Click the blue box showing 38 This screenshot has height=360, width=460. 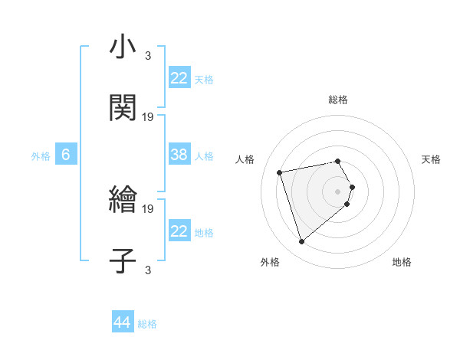pyautogui.click(x=179, y=155)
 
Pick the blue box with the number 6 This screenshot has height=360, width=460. pyautogui.click(x=66, y=155)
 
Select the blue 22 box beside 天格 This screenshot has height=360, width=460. pyautogui.click(x=179, y=78)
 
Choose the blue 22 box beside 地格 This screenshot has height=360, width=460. pyautogui.click(x=179, y=231)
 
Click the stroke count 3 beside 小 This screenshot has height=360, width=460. pyautogui.click(x=148, y=55)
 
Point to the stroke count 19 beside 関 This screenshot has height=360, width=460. pyautogui.click(x=148, y=116)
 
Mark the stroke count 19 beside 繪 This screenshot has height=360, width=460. pyautogui.click(x=148, y=208)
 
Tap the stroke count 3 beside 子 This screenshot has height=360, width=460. pyautogui.click(x=148, y=269)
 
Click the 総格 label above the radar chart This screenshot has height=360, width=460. pyautogui.click(x=338, y=100)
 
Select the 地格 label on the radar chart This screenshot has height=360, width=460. pyautogui.click(x=402, y=263)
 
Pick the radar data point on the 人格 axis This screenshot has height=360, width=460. pyautogui.click(x=280, y=172)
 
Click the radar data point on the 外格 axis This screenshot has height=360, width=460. pyautogui.click(x=302, y=242)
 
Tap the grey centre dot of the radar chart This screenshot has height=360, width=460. pyautogui.click(x=338, y=191)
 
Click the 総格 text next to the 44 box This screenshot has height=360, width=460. pyautogui.click(x=147, y=324)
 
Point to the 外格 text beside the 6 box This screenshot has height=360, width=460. pyautogui.click(x=41, y=156)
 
